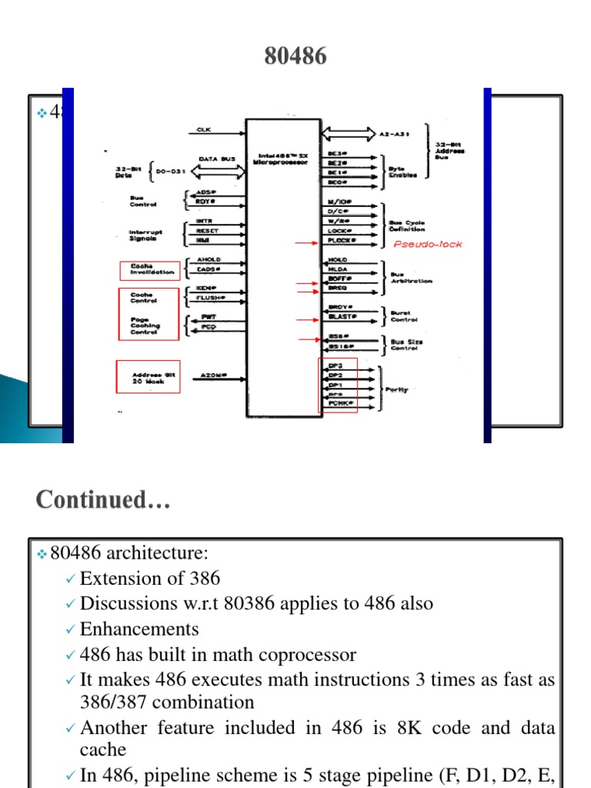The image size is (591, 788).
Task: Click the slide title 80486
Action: (295, 56)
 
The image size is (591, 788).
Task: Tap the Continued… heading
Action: (103, 500)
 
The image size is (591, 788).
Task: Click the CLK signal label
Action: (204, 129)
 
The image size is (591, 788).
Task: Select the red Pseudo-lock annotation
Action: (429, 244)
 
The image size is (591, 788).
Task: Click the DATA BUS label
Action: (216, 159)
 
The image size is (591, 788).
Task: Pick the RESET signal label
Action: (208, 231)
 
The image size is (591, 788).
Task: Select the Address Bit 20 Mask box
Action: (148, 376)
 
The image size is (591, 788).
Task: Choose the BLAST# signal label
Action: (339, 316)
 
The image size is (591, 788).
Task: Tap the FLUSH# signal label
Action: (211, 297)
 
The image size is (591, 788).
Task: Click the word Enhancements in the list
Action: (139, 629)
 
